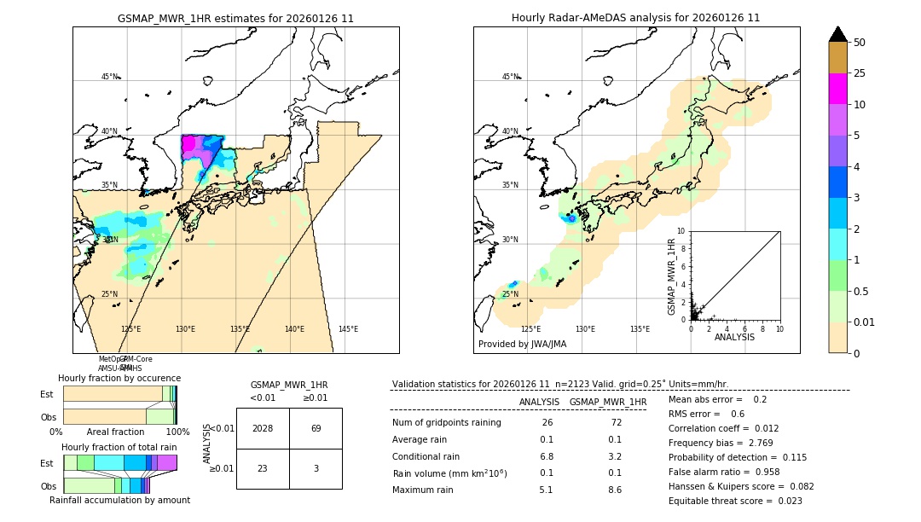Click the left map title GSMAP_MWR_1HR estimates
235,18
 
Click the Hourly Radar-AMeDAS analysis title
636,18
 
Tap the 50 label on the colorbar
860,43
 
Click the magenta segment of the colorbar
838,89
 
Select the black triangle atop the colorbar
838,34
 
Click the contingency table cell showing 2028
263,428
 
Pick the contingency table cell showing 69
316,428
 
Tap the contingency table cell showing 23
263,468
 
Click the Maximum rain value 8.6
614,490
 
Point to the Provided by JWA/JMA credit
522,345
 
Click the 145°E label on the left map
348,329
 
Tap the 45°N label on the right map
510,77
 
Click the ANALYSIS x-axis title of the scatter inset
734,337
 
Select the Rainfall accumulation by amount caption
119,500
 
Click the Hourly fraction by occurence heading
119,378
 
